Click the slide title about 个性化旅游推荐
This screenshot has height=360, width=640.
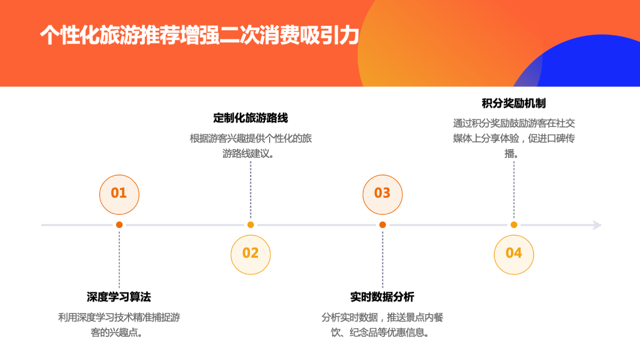(200, 36)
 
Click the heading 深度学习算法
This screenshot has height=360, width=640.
(119, 297)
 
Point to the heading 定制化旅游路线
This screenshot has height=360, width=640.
(250, 118)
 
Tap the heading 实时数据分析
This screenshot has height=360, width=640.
(382, 297)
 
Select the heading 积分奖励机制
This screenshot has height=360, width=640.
(514, 104)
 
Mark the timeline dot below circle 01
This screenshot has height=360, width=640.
(119, 225)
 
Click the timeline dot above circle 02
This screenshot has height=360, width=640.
(250, 225)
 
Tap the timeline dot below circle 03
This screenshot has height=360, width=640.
(382, 225)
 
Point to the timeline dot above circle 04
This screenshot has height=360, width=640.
(514, 225)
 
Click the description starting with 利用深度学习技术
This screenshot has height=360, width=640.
(119, 325)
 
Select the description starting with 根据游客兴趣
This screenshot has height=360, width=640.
(250, 146)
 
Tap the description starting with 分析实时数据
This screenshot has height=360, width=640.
(382, 325)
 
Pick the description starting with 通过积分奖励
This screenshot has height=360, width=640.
(514, 138)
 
